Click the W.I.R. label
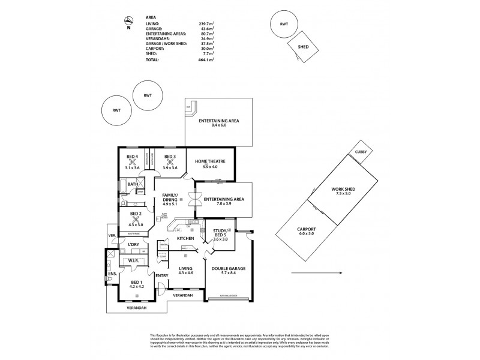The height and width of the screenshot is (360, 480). [x=134, y=261]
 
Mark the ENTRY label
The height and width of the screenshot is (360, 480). [x=163, y=275]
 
